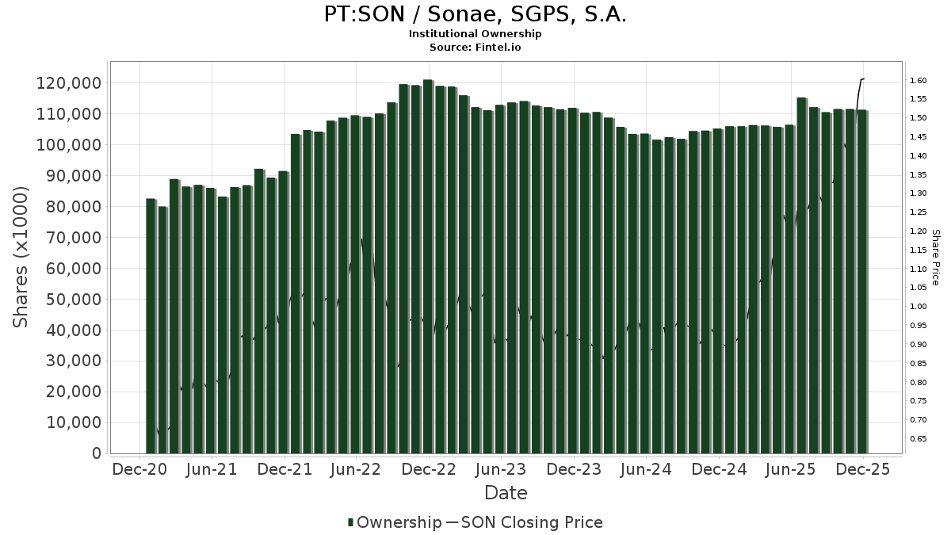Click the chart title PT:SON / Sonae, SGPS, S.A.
click(x=475, y=14)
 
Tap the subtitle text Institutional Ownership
click(x=475, y=34)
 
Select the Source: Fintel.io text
click(x=475, y=48)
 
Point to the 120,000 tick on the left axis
click(x=70, y=83)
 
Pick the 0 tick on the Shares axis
click(x=96, y=453)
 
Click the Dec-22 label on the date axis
click(x=428, y=469)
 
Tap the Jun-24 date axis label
click(x=645, y=469)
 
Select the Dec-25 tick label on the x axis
click(x=863, y=469)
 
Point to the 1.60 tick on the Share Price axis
click(x=919, y=80)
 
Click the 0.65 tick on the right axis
click(x=919, y=439)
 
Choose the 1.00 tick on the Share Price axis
click(x=919, y=307)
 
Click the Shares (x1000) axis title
click(x=21, y=257)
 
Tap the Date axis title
click(x=506, y=493)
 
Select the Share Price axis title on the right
click(x=935, y=258)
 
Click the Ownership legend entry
click(x=395, y=522)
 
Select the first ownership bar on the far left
click(x=151, y=326)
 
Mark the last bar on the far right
click(x=861, y=281)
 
